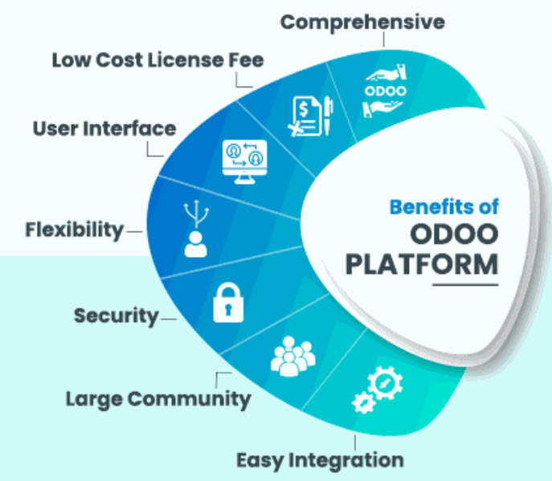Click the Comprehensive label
362,22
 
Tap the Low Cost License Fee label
158,59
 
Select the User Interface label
104,128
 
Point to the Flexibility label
75,230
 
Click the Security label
117,316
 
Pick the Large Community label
158,398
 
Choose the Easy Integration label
320,460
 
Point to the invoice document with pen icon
310,116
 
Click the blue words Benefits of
444,206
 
